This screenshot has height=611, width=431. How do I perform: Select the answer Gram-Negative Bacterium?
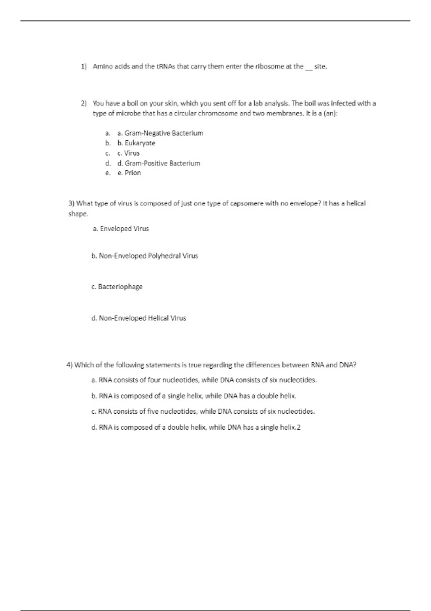160,133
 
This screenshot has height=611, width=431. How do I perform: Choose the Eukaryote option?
136,143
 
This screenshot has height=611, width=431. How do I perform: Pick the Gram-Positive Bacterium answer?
159,163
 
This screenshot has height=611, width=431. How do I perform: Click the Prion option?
129,173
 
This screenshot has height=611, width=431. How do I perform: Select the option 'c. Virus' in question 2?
129,153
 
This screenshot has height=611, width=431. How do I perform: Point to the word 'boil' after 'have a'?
133,104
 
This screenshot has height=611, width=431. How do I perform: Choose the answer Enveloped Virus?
121,229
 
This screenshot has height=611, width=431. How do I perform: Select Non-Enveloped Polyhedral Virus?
145,256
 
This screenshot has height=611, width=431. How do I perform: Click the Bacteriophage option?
117,287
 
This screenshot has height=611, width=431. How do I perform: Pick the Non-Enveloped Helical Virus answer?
139,318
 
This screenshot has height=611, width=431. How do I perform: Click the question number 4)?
70,365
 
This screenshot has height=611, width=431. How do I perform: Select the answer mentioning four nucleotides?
204,380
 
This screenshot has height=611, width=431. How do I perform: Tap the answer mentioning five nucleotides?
203,412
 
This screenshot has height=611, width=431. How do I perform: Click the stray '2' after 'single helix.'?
298,427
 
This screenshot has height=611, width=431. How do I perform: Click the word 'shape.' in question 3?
78,214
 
